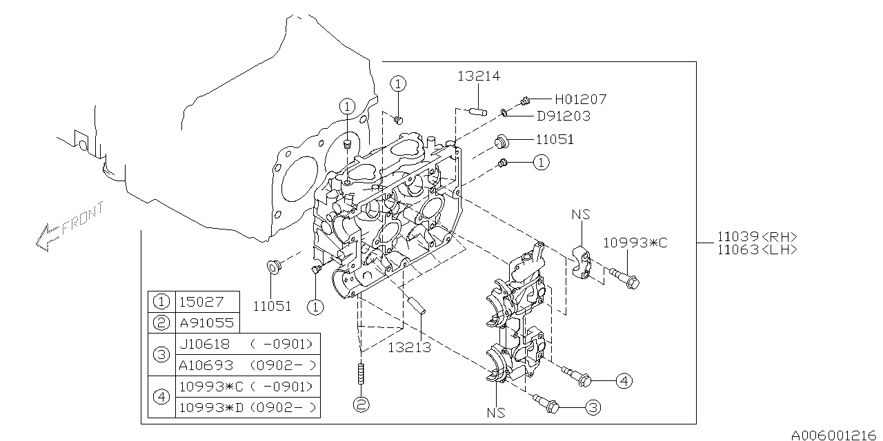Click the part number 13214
pyautogui.click(x=478, y=76)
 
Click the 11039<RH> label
pyautogui.click(x=755, y=236)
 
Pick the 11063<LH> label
pyautogui.click(x=755, y=249)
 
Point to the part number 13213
pyautogui.click(x=410, y=347)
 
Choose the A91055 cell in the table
pyautogui.click(x=206, y=322)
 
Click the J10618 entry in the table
pyautogui.click(x=206, y=344)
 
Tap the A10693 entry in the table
pyautogui.click(x=206, y=365)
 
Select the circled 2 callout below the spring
pyautogui.click(x=360, y=404)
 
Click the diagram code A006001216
pyautogui.click(x=835, y=434)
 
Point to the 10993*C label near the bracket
pyautogui.click(x=635, y=243)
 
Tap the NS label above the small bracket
pyautogui.click(x=581, y=215)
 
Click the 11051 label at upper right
pyautogui.click(x=554, y=140)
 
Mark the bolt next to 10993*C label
pyautogui.click(x=624, y=278)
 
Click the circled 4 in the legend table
pyautogui.click(x=161, y=397)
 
